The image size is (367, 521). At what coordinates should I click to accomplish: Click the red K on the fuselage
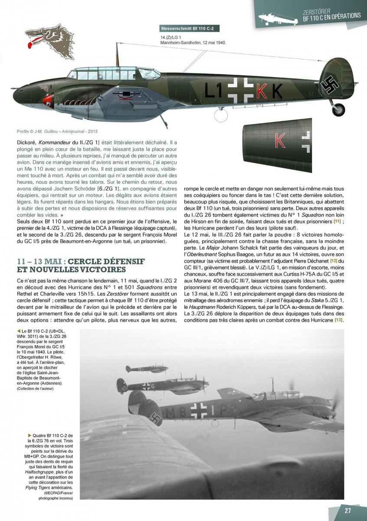(x=261, y=90)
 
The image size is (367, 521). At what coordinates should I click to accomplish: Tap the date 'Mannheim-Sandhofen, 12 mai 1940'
(x=193, y=43)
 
